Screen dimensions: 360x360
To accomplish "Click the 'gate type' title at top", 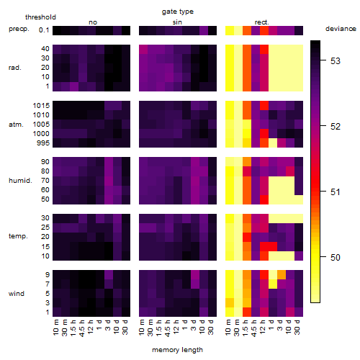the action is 178,12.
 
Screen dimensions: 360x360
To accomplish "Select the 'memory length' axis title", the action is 177,350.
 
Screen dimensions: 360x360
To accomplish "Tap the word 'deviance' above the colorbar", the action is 341,29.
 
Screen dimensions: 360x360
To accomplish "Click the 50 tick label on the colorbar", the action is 336,258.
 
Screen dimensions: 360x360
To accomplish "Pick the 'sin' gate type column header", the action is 177,22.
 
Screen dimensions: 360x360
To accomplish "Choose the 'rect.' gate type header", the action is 261,22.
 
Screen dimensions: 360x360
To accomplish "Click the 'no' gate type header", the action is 93,22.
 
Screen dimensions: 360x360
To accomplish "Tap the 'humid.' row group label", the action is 20,181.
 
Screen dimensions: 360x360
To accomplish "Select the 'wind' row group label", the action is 17,294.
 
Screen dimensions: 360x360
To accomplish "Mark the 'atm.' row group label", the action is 16,125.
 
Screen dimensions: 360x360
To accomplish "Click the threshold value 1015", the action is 41,106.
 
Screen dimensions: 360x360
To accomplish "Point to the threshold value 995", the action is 43,143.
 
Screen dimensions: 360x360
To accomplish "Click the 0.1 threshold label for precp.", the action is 44,30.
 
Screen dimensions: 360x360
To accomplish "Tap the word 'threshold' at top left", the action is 40,17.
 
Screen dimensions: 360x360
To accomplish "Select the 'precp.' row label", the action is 19,29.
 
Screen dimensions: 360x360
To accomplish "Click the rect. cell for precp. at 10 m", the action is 230,31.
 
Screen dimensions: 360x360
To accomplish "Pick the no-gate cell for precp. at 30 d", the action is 126,31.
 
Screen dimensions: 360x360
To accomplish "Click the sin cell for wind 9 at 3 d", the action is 195,275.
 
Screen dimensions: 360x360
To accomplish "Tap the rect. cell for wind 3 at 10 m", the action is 230,303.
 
